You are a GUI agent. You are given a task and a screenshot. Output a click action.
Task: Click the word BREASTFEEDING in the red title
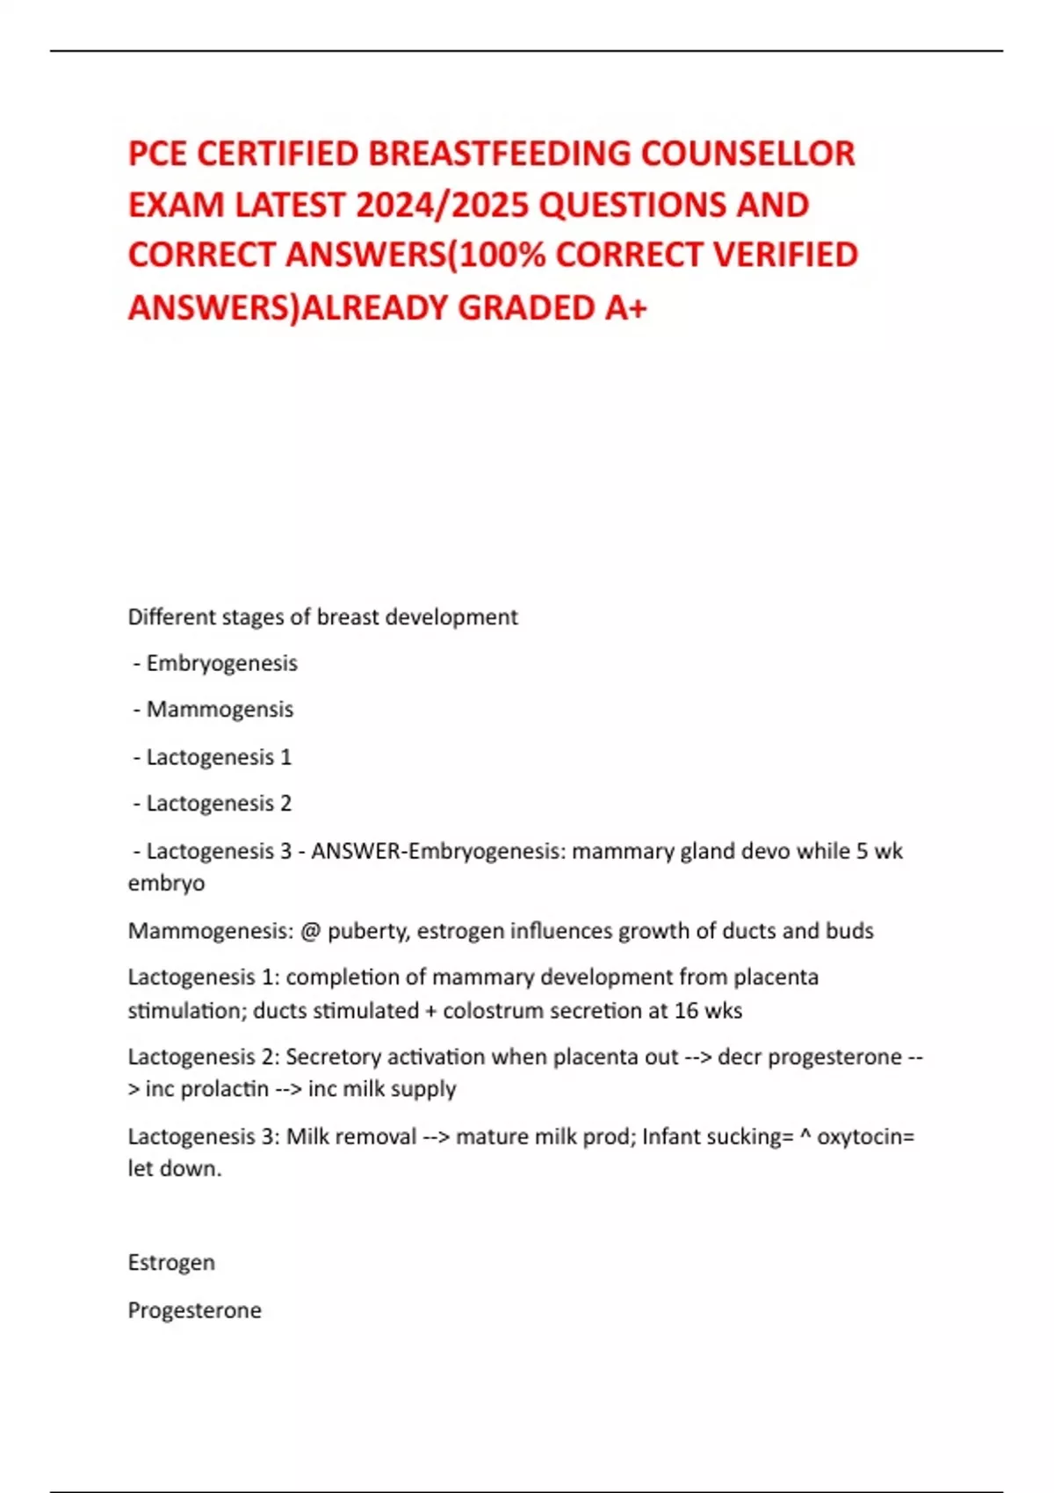coord(500,154)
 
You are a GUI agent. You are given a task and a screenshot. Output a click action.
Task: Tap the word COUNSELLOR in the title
coord(747,154)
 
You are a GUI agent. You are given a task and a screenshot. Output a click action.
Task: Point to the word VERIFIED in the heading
coord(785,256)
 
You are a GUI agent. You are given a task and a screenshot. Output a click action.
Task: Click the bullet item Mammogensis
coord(220,709)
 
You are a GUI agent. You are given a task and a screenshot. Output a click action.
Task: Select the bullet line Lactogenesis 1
coord(219,756)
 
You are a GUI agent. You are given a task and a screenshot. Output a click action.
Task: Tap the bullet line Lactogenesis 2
coord(219,803)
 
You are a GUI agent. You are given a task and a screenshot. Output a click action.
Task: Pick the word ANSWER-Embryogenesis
coord(437,850)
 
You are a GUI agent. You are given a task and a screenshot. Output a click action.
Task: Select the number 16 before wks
coord(686,1010)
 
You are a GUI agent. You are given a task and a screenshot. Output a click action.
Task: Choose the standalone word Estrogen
coord(171,1262)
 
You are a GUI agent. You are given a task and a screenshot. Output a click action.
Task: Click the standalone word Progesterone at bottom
coord(195,1309)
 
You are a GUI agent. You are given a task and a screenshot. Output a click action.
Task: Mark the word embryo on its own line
coord(166,883)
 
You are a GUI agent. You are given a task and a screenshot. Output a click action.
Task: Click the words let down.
coord(175,1168)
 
